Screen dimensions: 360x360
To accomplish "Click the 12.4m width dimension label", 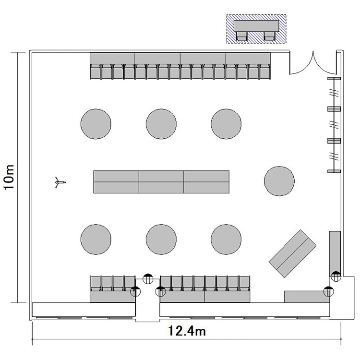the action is (187, 331).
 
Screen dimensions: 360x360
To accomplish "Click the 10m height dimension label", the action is (10, 177).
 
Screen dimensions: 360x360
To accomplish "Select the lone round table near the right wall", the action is (279, 181).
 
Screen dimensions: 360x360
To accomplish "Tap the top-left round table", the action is (96, 124).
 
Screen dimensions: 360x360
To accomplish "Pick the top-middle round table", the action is (161, 124).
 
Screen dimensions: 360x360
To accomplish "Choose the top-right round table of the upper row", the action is (226, 124).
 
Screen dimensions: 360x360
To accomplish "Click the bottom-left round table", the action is (96, 240).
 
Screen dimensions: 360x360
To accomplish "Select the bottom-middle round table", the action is (161, 240).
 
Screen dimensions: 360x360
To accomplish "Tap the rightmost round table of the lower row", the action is (226, 240).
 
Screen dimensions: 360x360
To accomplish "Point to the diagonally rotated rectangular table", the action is (292, 253).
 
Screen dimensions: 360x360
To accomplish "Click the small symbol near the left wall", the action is (60, 182).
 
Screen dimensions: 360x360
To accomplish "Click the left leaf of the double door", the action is (301, 63).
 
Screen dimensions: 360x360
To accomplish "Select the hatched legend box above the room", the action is (256, 29).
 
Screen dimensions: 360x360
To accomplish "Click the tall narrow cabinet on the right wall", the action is (335, 254).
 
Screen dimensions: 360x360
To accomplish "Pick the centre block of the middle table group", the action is (161, 182).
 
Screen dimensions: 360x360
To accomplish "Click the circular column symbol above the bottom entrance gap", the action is (148, 279).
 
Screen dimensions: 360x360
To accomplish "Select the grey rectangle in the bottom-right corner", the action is (307, 297).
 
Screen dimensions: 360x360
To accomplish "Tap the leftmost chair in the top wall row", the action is (96, 72).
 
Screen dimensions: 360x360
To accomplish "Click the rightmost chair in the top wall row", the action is (265, 72).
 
